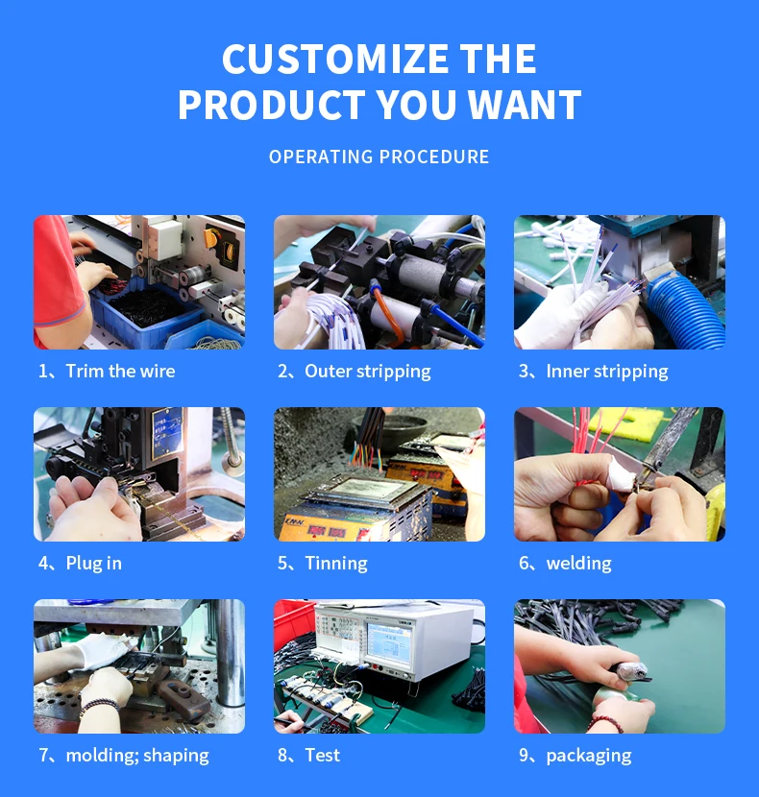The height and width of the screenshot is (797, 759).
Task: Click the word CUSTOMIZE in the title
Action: pyautogui.click(x=336, y=59)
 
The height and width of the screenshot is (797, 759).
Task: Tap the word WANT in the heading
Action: pyautogui.click(x=525, y=105)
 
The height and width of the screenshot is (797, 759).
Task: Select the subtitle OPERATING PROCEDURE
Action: pyautogui.click(x=379, y=157)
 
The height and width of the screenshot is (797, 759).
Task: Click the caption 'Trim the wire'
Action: pyautogui.click(x=120, y=371)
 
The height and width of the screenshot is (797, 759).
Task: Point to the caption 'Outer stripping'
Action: pyautogui.click(x=368, y=372)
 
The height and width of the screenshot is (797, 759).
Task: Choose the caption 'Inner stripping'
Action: pyautogui.click(x=607, y=372)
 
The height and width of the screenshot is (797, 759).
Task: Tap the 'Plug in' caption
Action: pyautogui.click(x=93, y=564)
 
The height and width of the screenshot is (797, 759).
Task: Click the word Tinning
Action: pyautogui.click(x=336, y=564)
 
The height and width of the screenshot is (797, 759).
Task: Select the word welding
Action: pyautogui.click(x=579, y=564)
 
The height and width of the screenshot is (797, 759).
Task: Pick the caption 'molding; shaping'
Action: pyautogui.click(x=137, y=756)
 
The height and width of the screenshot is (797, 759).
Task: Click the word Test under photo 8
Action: pyautogui.click(x=323, y=756)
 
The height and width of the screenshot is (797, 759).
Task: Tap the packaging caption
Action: pyautogui.click(x=589, y=756)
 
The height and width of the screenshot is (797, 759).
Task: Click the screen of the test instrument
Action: pyautogui.click(x=389, y=642)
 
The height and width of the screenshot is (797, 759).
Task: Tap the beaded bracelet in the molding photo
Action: pyautogui.click(x=99, y=706)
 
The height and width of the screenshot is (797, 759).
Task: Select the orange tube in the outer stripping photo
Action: pyautogui.click(x=384, y=314)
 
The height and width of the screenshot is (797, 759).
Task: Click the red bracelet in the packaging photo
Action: pyautogui.click(x=605, y=723)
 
